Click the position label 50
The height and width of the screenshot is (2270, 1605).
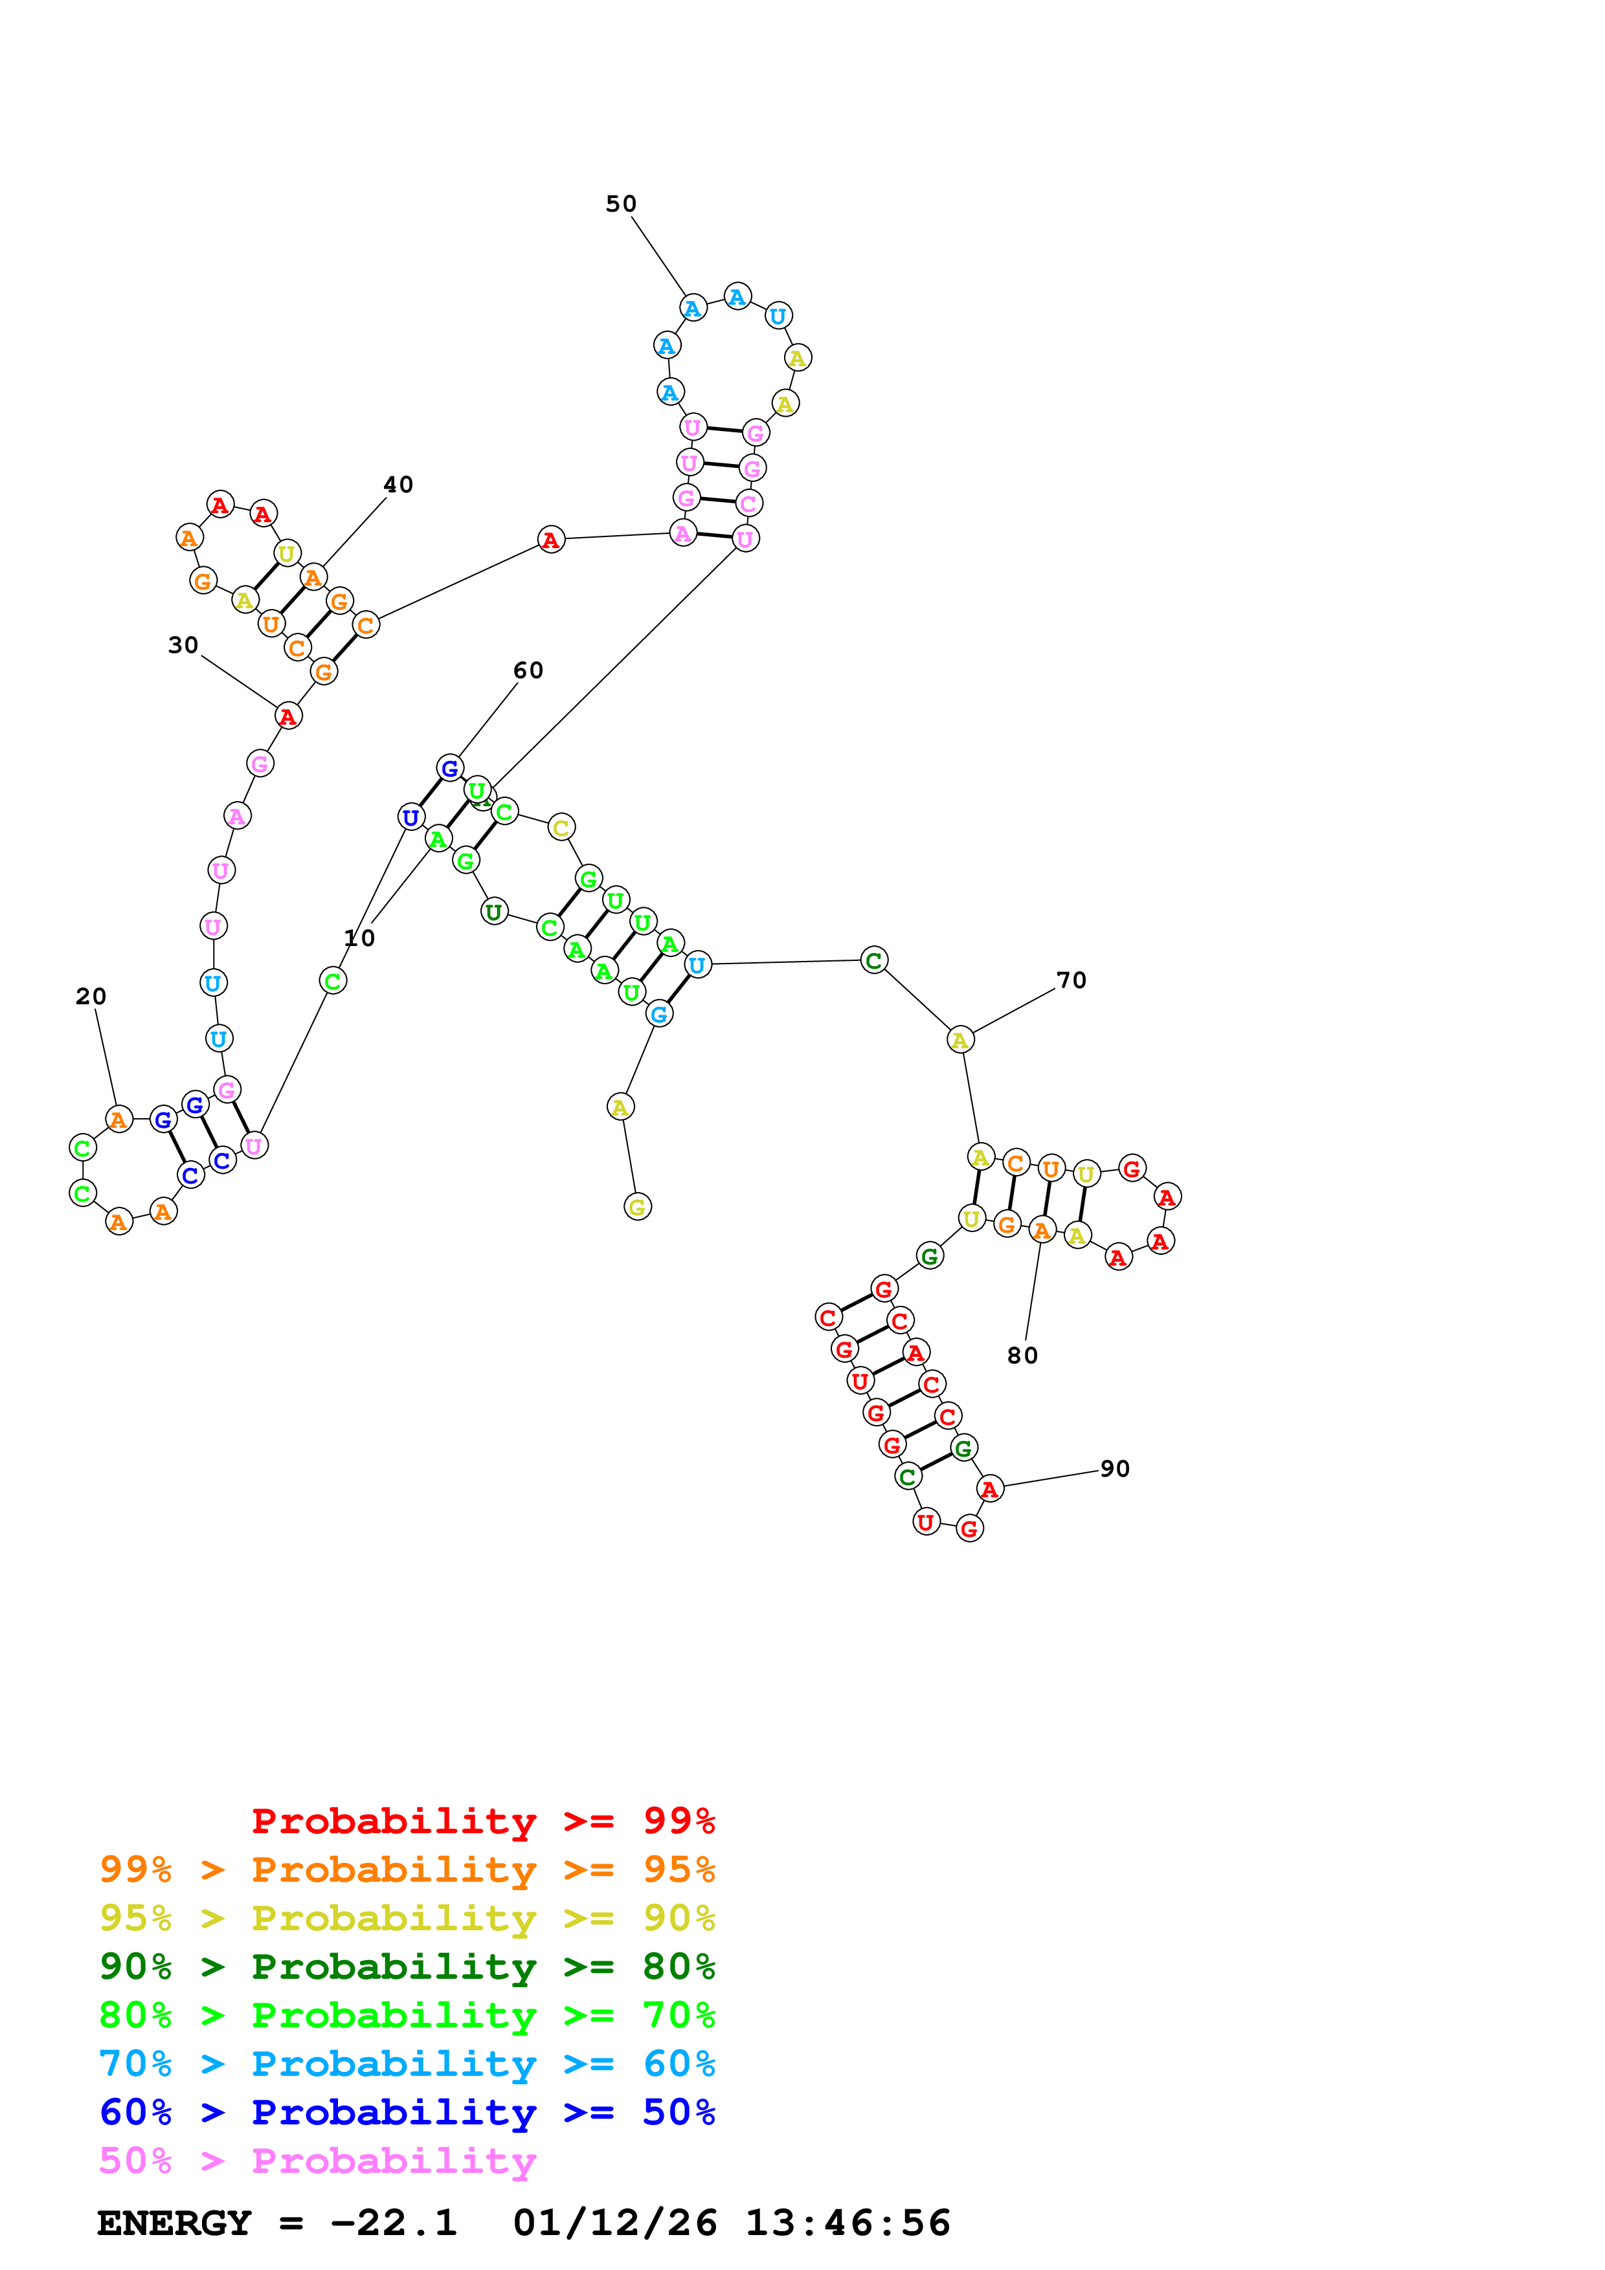click(621, 204)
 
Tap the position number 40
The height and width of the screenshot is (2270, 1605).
click(399, 485)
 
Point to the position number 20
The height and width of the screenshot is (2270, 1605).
click(91, 996)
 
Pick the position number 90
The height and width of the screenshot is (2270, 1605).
click(1114, 1468)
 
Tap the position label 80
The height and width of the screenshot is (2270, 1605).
click(1022, 1356)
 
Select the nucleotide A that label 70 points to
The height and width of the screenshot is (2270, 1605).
click(960, 1040)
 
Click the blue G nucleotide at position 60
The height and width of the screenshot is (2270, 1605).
click(450, 768)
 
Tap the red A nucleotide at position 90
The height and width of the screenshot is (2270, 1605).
click(990, 1489)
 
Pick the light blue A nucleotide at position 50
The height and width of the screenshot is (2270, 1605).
click(693, 309)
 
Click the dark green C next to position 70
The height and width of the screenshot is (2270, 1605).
click(874, 960)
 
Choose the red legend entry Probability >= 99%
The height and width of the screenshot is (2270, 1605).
click(482, 1820)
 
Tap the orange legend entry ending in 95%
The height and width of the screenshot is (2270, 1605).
click(407, 1869)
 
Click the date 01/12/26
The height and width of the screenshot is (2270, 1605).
click(614, 2223)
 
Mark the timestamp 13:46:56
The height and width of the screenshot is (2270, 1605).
click(847, 2223)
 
